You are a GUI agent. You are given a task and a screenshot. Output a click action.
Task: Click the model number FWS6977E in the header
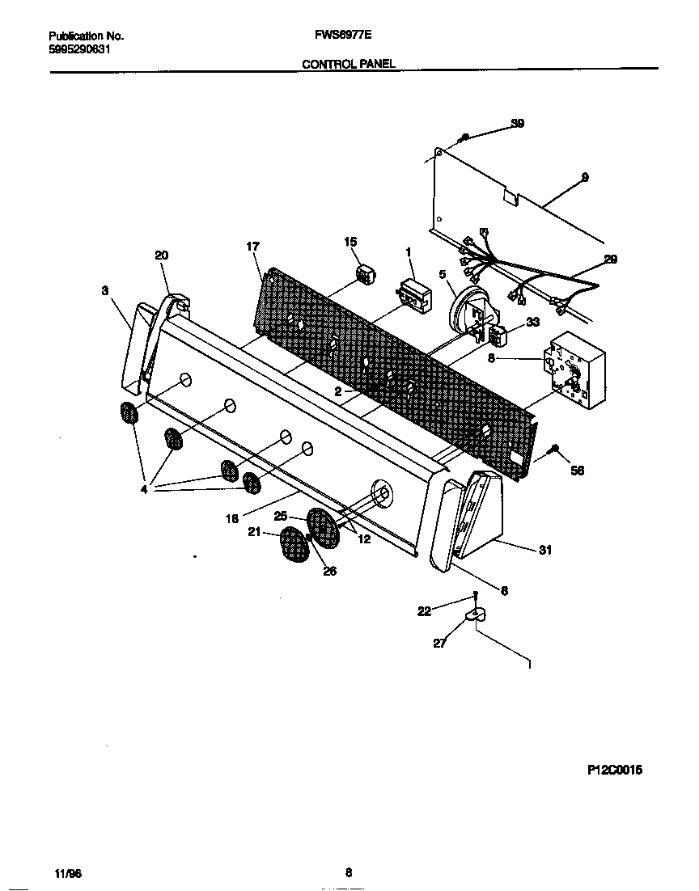pos(337,36)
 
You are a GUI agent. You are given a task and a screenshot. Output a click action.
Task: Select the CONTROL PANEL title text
pos(349,63)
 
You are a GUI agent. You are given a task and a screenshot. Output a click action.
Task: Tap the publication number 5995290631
pos(80,49)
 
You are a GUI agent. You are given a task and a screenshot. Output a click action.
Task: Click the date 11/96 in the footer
pos(68,874)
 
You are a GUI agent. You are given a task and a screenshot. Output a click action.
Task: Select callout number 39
pos(518,124)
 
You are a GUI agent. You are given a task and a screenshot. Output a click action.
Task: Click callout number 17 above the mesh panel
pos(253,246)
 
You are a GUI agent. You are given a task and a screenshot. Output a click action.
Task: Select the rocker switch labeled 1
pos(413,294)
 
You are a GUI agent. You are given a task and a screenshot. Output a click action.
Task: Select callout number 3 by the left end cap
pos(105,291)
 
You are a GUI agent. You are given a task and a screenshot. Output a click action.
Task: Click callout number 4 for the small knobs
pos(144,488)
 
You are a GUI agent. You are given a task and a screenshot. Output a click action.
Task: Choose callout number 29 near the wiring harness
pos(610,259)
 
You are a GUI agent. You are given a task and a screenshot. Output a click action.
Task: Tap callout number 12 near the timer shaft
pos(364,539)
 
